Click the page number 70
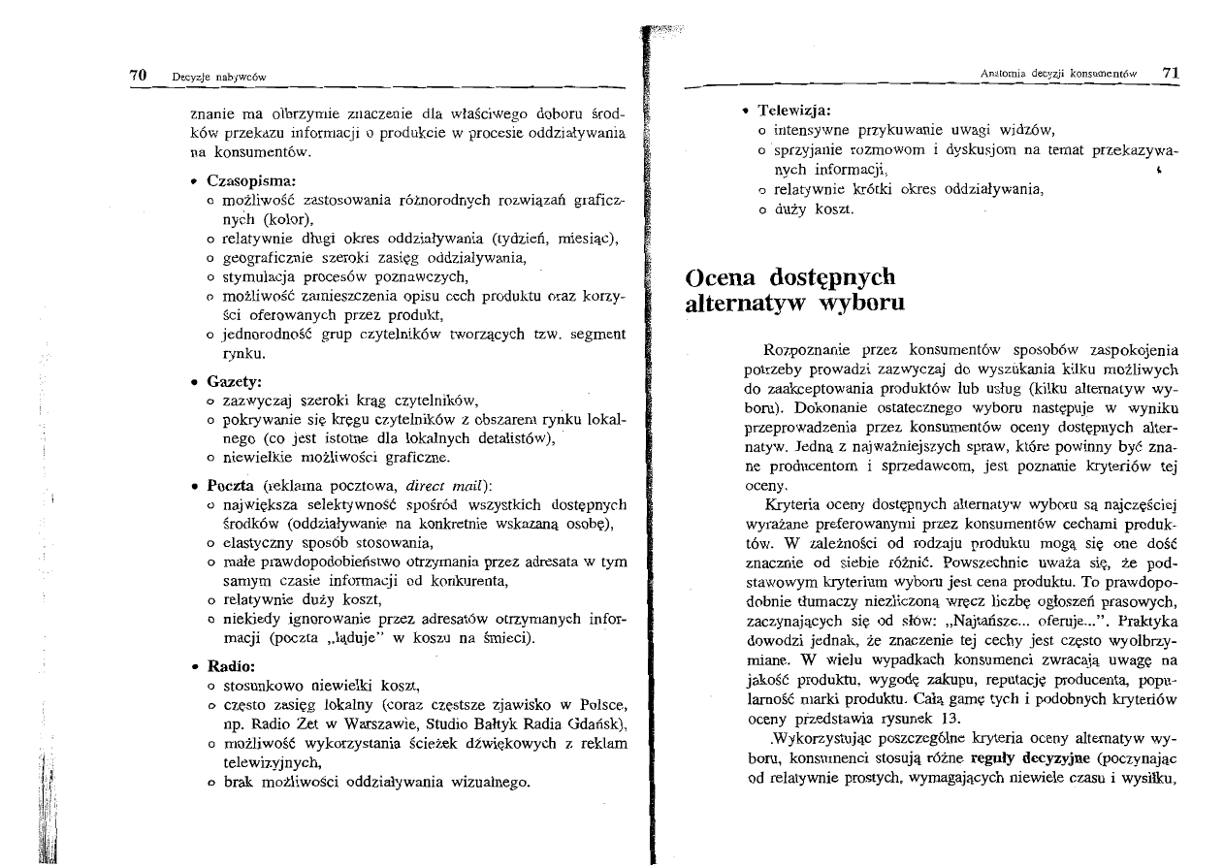click(x=139, y=76)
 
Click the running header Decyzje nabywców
click(x=219, y=77)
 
